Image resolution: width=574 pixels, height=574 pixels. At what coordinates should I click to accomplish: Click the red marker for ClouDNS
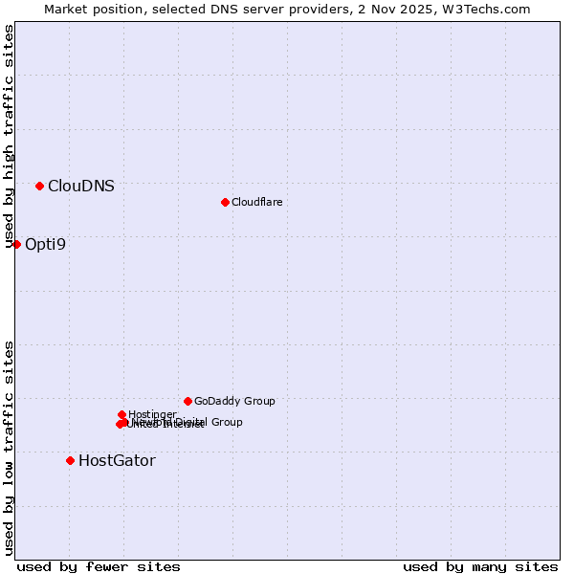pos(39,186)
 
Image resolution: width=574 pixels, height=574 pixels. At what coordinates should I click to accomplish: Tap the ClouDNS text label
pos(81,187)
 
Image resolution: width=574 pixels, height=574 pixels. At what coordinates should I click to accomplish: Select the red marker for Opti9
pos(16,244)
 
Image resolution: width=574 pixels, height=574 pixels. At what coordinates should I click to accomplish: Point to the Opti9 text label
pos(46,245)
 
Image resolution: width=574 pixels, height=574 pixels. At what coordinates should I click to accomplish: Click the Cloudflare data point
pos(225,202)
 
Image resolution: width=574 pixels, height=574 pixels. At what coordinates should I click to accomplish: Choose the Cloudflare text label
pos(257,202)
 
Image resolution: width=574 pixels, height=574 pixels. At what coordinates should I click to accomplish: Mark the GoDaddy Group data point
pos(188,401)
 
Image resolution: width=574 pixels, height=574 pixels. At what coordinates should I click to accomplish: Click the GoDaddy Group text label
pos(234,402)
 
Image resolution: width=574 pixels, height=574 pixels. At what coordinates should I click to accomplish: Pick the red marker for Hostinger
pos(121,414)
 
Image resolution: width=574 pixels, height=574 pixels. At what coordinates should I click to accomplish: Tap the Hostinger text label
pos(152,414)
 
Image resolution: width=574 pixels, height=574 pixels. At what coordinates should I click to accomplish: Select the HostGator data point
pos(70,460)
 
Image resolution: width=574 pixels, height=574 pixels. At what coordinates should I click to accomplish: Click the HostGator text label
pos(117,461)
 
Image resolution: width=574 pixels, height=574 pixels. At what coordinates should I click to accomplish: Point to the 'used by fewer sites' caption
pos(99,567)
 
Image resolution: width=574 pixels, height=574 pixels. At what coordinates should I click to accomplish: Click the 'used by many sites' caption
pos(480,567)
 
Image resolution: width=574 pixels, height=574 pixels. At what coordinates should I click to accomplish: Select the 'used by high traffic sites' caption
pos(10,137)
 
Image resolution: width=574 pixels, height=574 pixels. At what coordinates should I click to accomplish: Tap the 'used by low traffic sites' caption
pos(10,448)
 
